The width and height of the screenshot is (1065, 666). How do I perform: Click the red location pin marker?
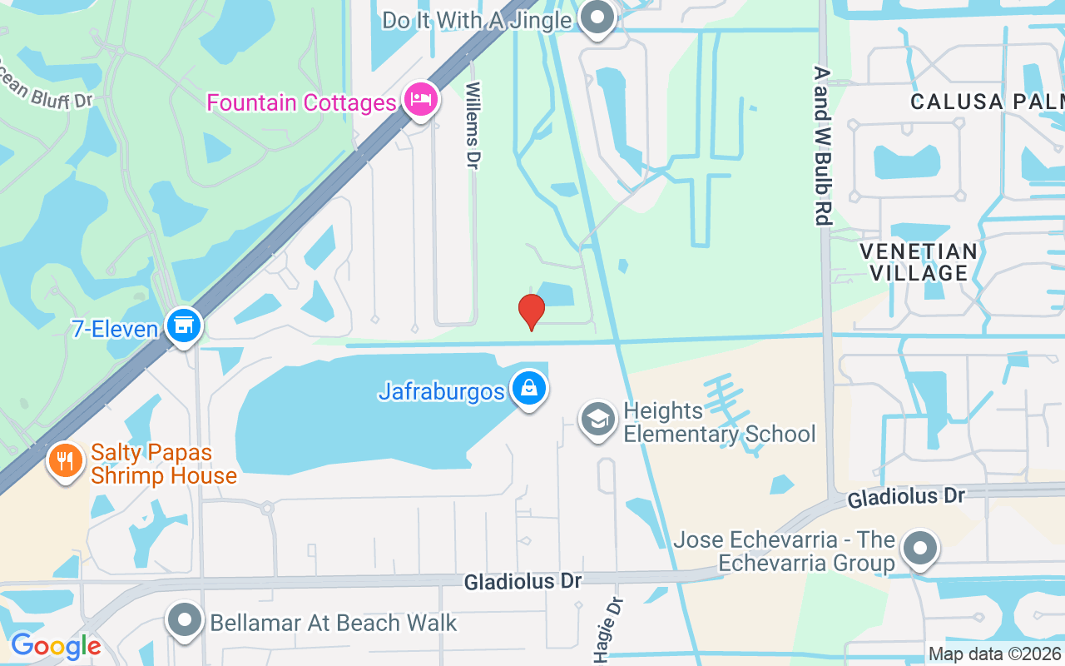coord(532,311)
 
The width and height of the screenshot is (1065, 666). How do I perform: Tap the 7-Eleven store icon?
coord(184,326)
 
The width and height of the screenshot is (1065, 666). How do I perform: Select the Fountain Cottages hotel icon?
coord(421,100)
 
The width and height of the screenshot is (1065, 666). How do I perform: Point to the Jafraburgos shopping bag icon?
coord(528,388)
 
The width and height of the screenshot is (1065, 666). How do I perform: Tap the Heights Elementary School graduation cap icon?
coord(597,420)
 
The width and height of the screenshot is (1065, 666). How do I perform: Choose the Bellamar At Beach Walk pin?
coord(185,621)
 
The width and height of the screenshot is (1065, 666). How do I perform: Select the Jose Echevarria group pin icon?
coord(919,549)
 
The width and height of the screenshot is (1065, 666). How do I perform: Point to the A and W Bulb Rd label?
coord(823,147)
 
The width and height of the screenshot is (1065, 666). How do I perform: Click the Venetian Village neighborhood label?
coord(919,261)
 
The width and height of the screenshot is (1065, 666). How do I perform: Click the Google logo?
coord(56,645)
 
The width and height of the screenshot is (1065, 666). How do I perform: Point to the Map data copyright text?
coord(995,654)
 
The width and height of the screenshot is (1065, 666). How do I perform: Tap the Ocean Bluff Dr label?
coord(46,90)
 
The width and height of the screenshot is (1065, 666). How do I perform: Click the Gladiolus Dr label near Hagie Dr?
coord(523,580)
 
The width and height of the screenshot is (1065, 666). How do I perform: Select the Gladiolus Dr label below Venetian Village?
coord(906,498)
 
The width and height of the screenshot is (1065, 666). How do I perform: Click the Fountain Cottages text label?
coord(301,102)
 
